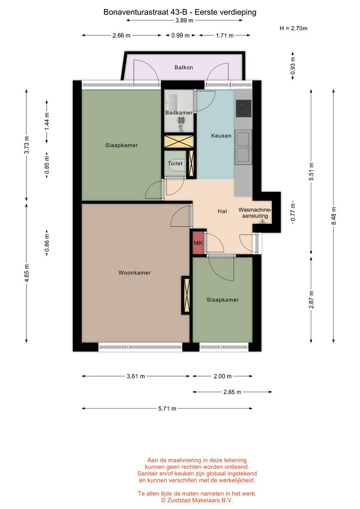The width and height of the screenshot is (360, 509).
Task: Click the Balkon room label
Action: click(184, 67)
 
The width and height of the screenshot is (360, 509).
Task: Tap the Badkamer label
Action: click(179, 112)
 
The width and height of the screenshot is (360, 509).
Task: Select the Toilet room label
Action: click(175, 164)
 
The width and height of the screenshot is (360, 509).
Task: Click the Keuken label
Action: click(221, 136)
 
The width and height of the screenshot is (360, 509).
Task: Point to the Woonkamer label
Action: click(134, 273)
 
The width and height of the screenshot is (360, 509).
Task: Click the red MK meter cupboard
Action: click(198, 243)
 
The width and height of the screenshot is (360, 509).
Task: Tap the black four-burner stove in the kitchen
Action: click(244, 108)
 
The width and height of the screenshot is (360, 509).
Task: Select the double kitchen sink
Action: click(243, 147)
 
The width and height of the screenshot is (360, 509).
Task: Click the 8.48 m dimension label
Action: click(333, 216)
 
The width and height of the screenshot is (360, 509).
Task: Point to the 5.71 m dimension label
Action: click(167, 409)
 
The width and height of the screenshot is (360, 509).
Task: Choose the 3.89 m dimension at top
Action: click(185, 21)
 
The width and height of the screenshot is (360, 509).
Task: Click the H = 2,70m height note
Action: click(293, 28)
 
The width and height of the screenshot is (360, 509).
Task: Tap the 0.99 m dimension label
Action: click(180, 36)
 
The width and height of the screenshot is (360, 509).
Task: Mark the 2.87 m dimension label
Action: click(311, 300)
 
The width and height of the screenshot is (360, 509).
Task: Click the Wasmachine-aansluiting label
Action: click(255, 213)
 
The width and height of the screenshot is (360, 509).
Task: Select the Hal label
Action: click(222, 212)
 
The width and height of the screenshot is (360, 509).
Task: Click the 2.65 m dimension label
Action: click(232, 392)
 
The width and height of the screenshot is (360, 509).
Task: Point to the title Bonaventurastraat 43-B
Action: click(145, 12)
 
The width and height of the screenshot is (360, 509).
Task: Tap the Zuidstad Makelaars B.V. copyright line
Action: click(197, 500)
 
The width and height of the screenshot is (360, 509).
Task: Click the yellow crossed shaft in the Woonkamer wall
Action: click(186, 295)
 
